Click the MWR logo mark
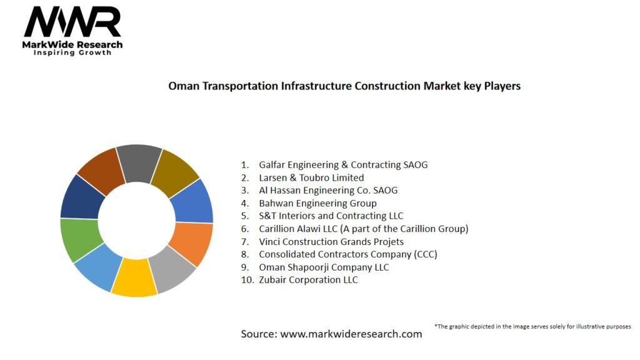tap(72, 22)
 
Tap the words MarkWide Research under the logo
tap(72, 44)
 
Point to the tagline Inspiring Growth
tap(72, 52)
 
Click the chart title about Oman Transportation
tap(344, 86)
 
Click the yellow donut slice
tap(134, 278)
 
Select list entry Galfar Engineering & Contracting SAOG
tap(343, 165)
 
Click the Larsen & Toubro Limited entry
tap(311, 177)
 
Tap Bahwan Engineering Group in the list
tap(317, 203)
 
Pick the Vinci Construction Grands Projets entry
tap(331, 241)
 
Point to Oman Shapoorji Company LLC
tap(324, 267)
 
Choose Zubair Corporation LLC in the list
tap(308, 280)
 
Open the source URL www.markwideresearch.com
tap(351, 334)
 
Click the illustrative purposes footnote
tap(532, 326)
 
